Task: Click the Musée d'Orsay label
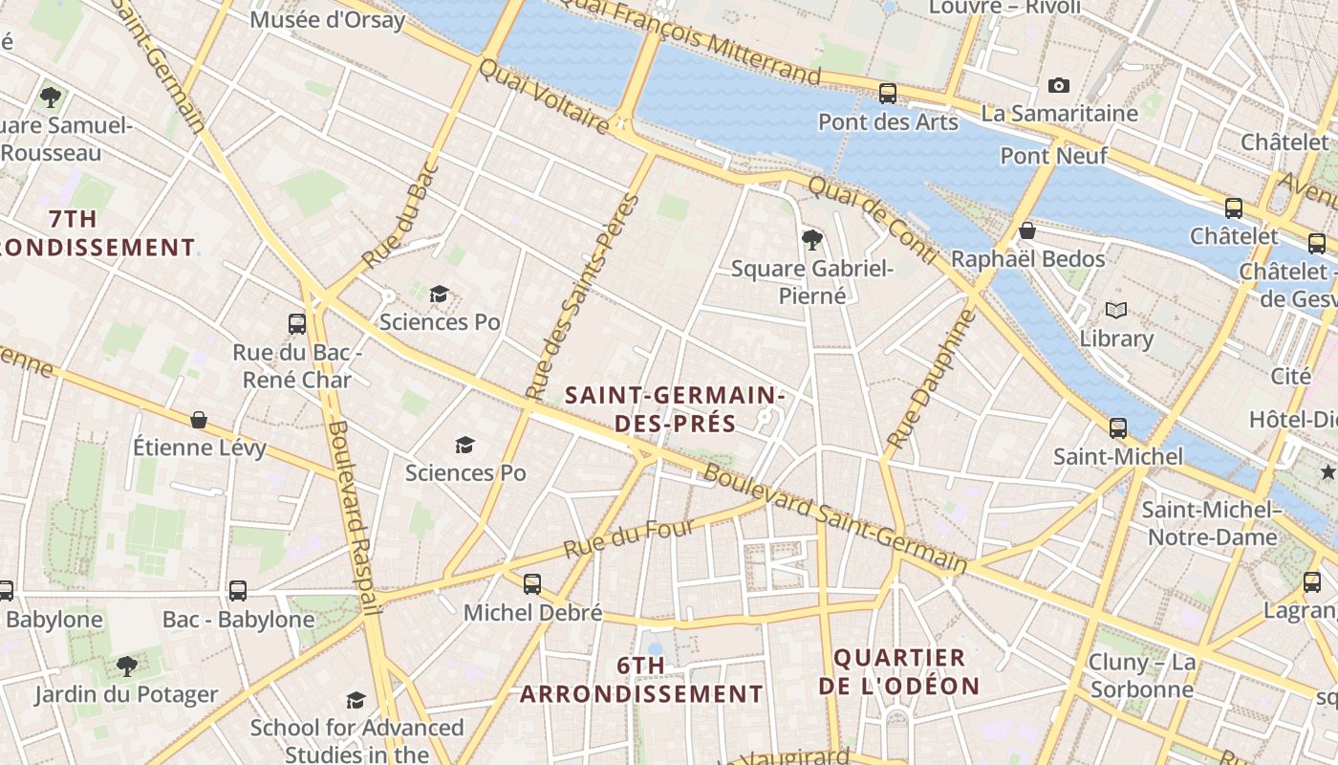[328, 19]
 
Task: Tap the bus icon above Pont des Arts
[888, 94]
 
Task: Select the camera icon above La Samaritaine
[1058, 86]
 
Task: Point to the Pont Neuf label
[1053, 155]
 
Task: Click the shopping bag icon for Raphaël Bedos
[1027, 231]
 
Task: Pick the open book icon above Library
[1115, 310]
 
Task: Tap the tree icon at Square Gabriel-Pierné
[812, 240]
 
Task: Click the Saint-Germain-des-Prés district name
[675, 409]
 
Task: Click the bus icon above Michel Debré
[532, 583]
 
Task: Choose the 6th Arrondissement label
[641, 680]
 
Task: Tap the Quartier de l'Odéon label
[898, 672]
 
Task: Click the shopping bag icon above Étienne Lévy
[199, 420]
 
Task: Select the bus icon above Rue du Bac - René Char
[297, 324]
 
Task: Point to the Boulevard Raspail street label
[354, 516]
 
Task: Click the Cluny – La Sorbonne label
[1141, 675]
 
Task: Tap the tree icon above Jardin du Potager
[126, 667]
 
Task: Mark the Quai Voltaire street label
[543, 97]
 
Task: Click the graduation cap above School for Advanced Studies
[356, 700]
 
